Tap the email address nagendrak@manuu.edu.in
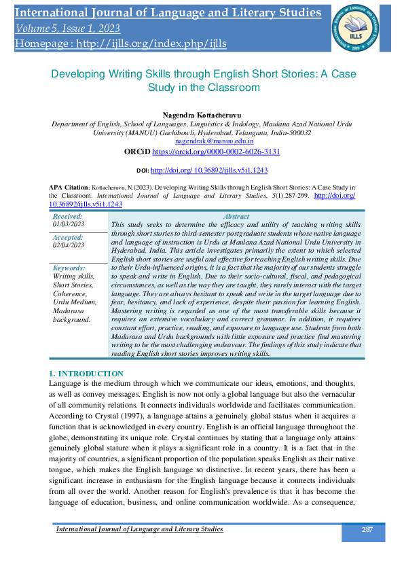[x=215, y=141]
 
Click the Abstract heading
[x=237, y=216]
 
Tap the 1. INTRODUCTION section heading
[x=87, y=374]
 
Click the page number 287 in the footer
[x=367, y=530]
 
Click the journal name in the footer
[x=139, y=529]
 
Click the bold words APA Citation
[x=69, y=185]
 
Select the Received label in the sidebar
[x=68, y=215]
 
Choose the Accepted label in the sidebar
[x=68, y=238]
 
